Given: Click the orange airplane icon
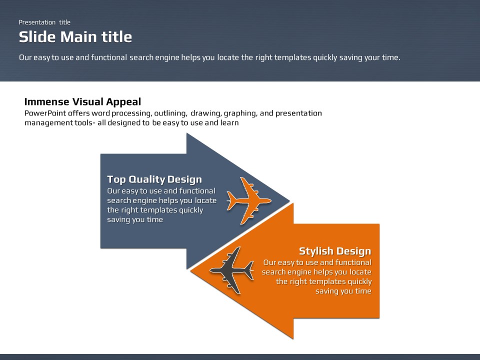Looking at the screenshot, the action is click(x=248, y=201).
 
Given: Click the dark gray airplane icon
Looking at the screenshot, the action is click(x=231, y=270).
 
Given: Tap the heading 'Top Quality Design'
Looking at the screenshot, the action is click(x=154, y=179).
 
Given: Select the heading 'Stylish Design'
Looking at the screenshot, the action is click(x=335, y=251).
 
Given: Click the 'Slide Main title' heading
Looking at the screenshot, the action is click(x=75, y=37).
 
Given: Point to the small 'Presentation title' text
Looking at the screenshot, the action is click(x=44, y=22).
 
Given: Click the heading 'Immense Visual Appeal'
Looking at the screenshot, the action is click(x=82, y=101).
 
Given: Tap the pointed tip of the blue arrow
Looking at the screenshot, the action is click(x=289, y=201).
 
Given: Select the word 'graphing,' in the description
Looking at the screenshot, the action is click(x=241, y=113).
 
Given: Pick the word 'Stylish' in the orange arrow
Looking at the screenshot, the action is click(x=316, y=251).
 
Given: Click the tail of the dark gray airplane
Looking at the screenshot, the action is click(x=249, y=269).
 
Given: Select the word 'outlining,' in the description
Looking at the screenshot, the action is click(x=170, y=113).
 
